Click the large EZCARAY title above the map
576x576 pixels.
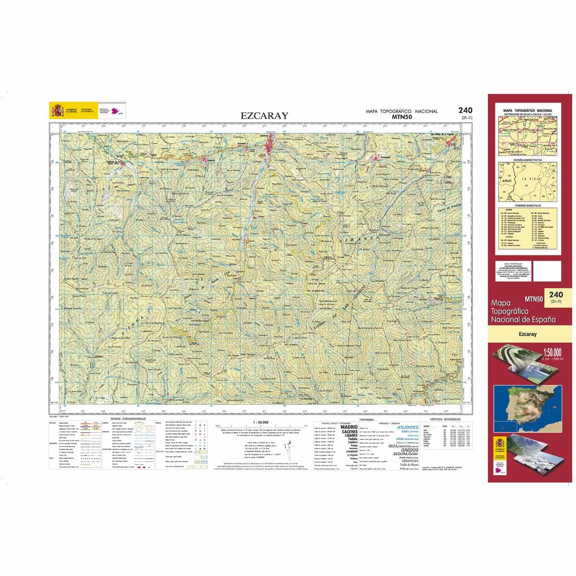pyautogui.click(x=264, y=115)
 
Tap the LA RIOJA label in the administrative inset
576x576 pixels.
pyautogui.click(x=535, y=179)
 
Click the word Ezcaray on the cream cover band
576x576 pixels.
pyautogui.click(x=527, y=336)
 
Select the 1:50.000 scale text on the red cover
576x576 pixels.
pyautogui.click(x=549, y=351)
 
